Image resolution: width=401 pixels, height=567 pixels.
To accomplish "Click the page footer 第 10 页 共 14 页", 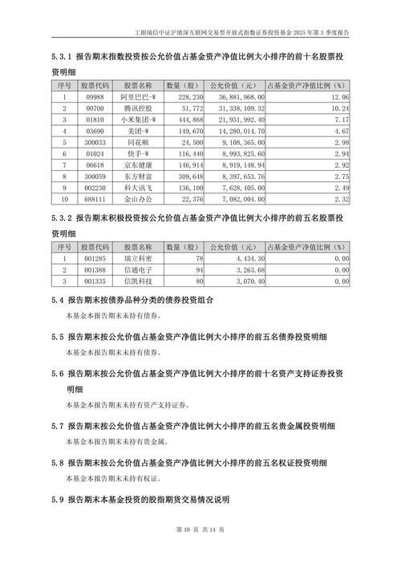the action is pyautogui.click(x=200, y=551).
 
